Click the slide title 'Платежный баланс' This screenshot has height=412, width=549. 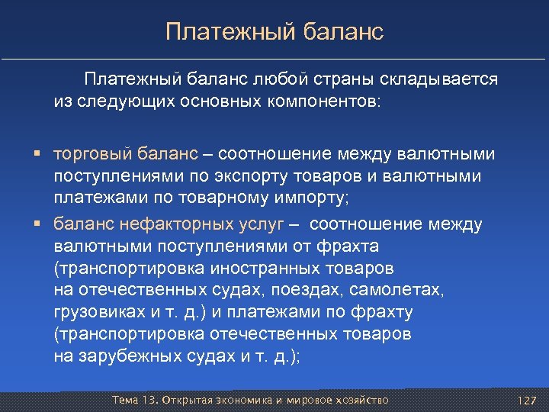pyautogui.click(x=274, y=32)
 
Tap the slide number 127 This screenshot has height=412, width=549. pyautogui.click(x=528, y=401)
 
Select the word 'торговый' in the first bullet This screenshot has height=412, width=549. pyautogui.click(x=84, y=155)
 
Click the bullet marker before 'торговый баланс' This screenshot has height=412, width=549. pyautogui.click(x=37, y=155)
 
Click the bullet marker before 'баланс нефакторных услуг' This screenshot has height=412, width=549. pyautogui.click(x=37, y=224)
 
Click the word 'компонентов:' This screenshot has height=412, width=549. pyautogui.click(x=330, y=101)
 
